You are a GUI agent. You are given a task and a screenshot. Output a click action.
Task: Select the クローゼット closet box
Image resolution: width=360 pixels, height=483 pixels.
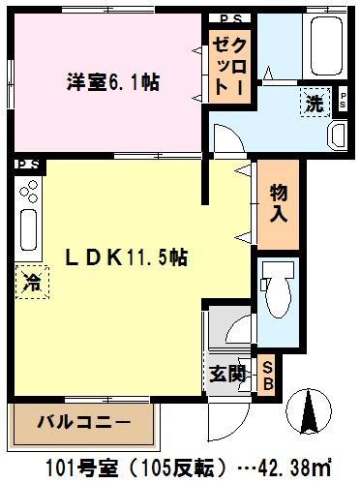point(232,64)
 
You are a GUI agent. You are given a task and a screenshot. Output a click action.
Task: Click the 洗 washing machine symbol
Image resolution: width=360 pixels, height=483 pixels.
point(314,101)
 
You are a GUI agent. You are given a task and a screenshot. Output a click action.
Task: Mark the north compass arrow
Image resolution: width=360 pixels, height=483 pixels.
point(311,411)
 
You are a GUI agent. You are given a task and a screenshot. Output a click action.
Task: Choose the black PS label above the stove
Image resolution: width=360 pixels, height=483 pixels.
point(27,165)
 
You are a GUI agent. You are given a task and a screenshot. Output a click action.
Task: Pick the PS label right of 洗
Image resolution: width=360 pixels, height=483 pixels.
point(345,101)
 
